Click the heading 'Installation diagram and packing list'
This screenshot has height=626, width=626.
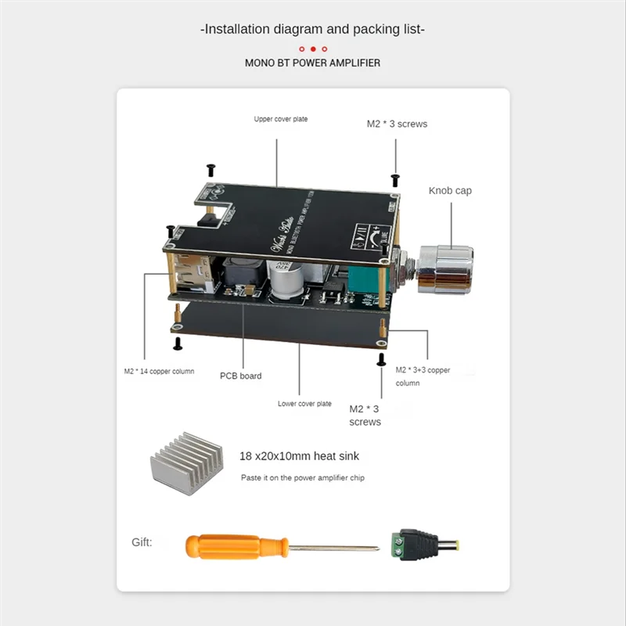tap(313, 29)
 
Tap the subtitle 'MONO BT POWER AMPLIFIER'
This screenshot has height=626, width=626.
tap(313, 63)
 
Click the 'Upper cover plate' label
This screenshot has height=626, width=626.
tap(281, 120)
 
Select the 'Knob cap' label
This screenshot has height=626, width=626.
tap(450, 190)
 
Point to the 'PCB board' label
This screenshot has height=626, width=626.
tap(240, 376)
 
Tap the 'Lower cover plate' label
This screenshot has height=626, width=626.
tap(304, 404)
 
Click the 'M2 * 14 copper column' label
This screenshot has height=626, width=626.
tap(159, 371)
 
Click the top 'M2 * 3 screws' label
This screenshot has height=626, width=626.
tap(397, 124)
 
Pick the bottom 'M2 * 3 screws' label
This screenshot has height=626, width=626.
tap(365, 415)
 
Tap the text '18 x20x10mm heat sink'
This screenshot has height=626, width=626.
tap(299, 455)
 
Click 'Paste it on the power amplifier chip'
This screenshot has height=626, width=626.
tap(302, 477)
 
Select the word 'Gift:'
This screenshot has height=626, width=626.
tap(142, 541)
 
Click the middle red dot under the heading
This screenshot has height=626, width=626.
tap(313, 49)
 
